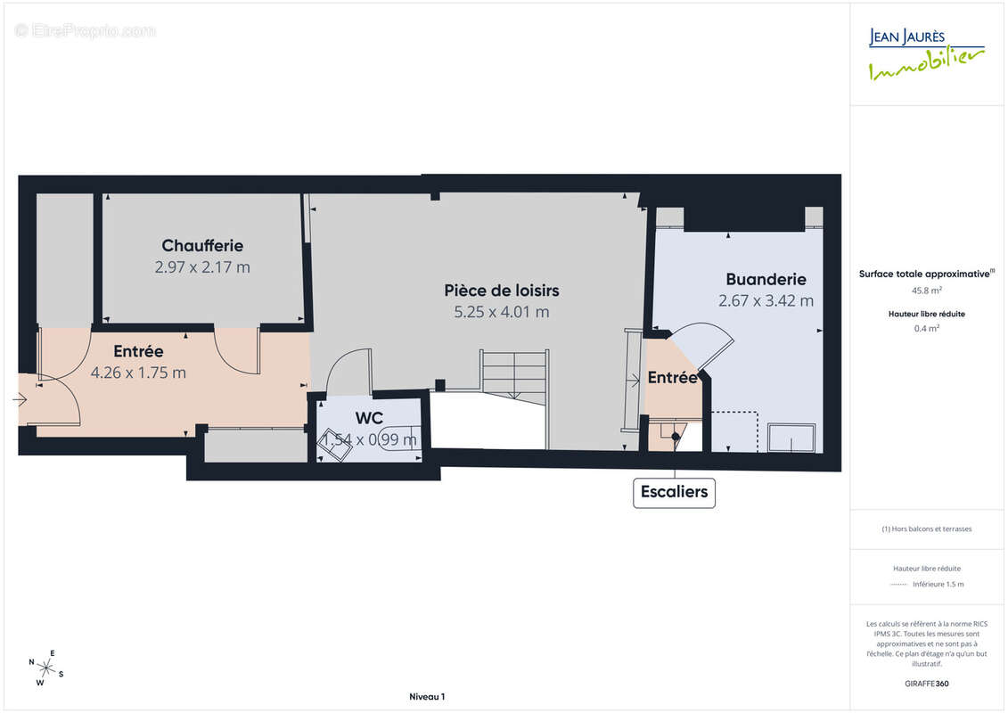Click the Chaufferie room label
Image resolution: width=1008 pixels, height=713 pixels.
coord(202,245)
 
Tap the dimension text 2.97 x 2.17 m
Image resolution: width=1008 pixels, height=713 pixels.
coord(202,266)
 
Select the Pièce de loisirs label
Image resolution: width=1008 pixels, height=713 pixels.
coord(502,291)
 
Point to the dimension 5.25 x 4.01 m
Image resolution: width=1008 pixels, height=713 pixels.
coord(502,312)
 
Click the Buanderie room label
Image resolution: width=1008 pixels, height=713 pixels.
coord(766,279)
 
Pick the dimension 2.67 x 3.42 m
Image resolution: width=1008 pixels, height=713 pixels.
coord(766,300)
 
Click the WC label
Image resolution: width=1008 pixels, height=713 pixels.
coord(369,417)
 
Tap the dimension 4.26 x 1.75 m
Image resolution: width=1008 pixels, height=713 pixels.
coord(138,373)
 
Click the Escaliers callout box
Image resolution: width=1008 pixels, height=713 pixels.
coord(674,491)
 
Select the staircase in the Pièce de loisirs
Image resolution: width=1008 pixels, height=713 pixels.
coord(515,373)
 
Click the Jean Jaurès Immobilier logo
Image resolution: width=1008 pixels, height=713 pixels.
coord(926,54)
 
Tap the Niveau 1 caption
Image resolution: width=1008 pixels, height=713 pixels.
coord(426,697)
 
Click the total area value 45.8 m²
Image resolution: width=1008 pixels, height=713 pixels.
coord(926,290)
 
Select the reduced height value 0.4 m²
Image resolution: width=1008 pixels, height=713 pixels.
coord(926,327)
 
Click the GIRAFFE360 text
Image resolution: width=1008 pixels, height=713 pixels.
coord(926,684)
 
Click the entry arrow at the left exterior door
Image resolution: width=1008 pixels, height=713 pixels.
coord(20,400)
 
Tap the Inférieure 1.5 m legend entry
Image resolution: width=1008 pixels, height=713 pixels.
coord(938,585)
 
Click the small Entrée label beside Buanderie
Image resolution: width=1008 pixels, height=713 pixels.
coord(672,378)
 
